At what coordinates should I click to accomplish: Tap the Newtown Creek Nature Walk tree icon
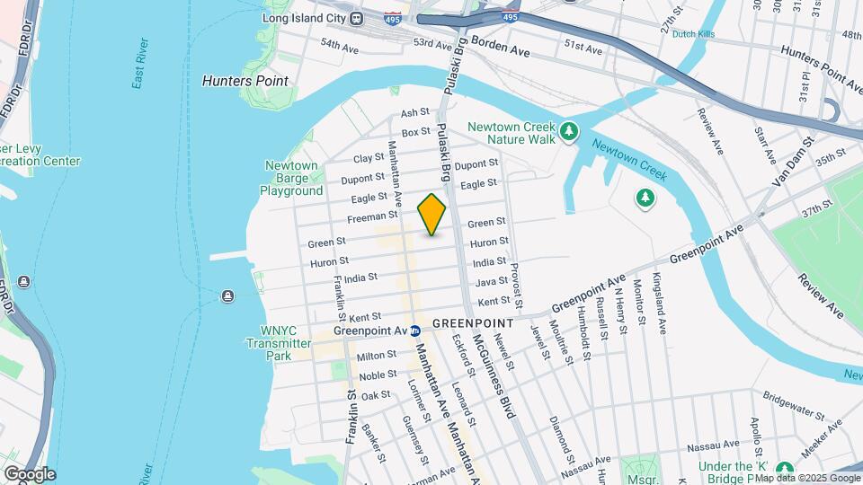568,133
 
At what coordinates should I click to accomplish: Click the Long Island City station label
305,18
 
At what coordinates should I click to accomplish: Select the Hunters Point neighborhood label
245,81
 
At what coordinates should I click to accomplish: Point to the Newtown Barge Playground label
291,178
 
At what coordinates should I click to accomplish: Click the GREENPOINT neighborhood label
472,322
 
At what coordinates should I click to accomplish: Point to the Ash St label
415,113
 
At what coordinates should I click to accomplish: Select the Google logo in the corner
29,473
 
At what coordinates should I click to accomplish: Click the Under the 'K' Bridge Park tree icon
784,470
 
